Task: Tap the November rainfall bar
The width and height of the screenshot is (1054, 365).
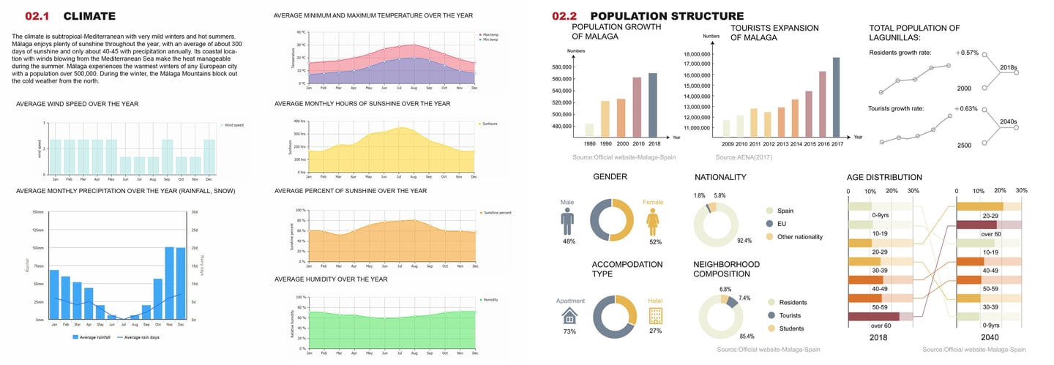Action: coord(169,283)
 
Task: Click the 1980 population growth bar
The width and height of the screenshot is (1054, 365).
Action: coord(589,129)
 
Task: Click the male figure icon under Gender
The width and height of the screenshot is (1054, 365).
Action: coord(567,220)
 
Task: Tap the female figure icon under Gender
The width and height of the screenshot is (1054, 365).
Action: coord(652,220)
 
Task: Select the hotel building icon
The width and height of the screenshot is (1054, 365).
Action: coord(655,315)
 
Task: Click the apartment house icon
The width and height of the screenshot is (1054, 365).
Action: coord(569,315)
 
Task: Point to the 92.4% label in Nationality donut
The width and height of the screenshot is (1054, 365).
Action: coord(744,240)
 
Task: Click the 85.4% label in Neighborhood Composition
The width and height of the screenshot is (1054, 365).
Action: coord(747,336)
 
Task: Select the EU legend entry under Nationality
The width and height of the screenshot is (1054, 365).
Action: coord(782,223)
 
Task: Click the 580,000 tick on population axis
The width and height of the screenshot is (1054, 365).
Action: coord(556,67)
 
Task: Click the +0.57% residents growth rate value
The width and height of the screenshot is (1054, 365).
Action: coord(966,53)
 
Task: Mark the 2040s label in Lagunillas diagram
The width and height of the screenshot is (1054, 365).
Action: coord(1008,122)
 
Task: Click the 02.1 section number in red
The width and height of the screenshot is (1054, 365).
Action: coord(37,16)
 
